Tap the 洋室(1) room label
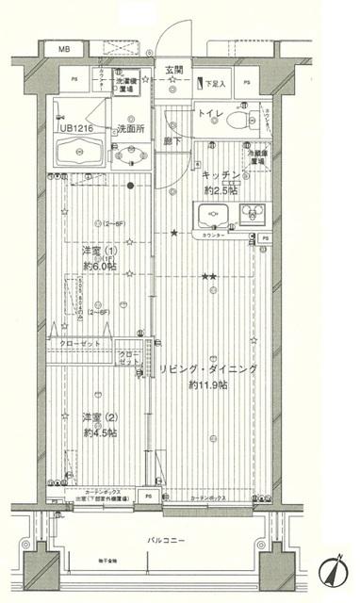98,252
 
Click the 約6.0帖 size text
98,266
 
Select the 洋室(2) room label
99,417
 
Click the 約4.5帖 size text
99,432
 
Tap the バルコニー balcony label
165,540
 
